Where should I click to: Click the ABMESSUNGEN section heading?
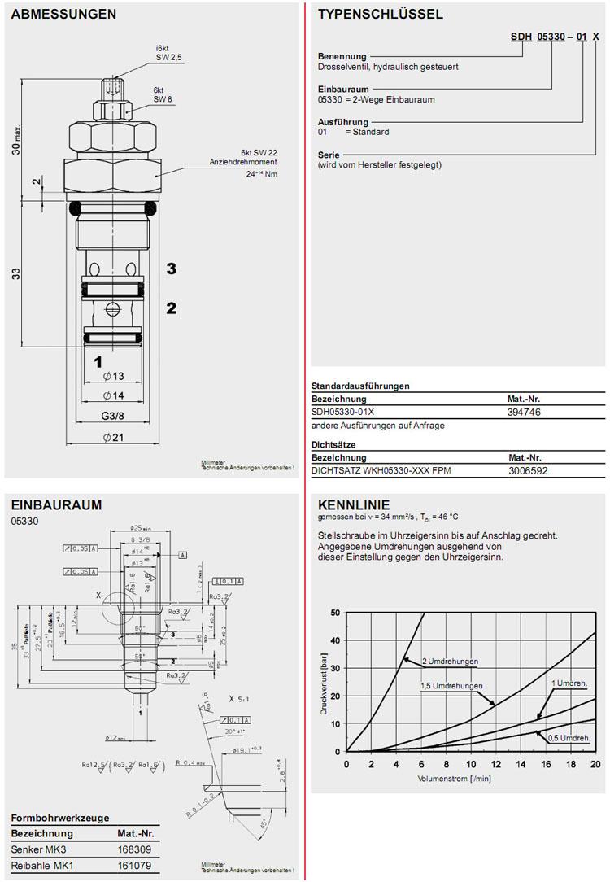(x=63, y=15)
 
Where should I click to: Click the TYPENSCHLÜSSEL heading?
(x=380, y=15)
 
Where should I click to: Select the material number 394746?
(x=524, y=413)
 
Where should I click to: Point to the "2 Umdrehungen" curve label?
(x=450, y=661)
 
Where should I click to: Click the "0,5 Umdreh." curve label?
(x=569, y=737)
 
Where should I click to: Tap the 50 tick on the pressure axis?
(x=335, y=613)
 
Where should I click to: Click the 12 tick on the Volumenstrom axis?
(x=496, y=764)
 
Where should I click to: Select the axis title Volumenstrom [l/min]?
(x=454, y=778)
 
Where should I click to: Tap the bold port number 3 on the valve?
(x=172, y=269)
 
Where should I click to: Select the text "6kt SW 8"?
(x=164, y=94)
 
